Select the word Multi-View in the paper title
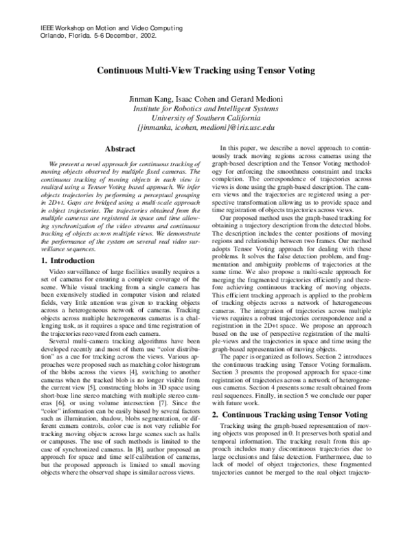coord(173,70)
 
